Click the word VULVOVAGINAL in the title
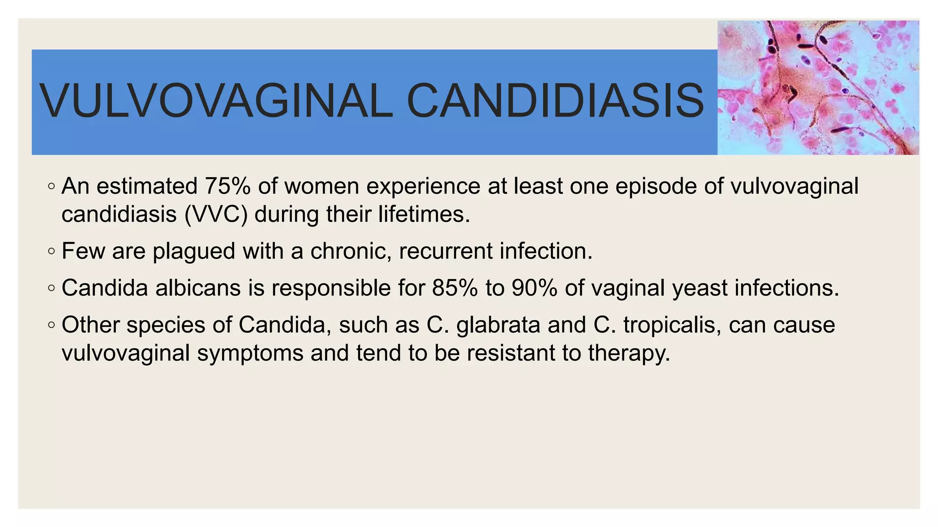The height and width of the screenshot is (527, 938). click(215, 101)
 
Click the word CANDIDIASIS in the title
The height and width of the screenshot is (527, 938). click(555, 101)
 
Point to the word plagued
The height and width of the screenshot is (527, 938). click(194, 251)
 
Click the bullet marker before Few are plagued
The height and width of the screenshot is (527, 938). click(51, 252)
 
